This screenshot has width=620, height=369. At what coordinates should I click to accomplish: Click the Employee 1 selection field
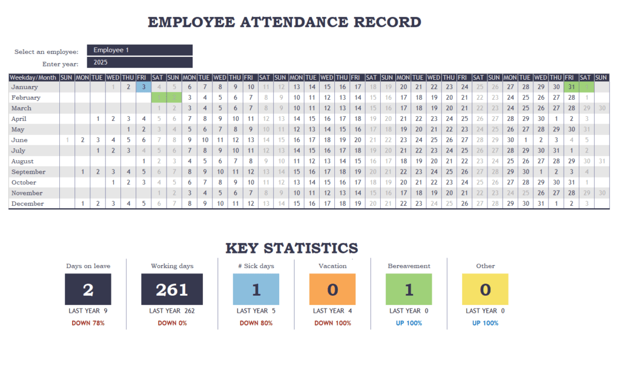pyautogui.click(x=139, y=50)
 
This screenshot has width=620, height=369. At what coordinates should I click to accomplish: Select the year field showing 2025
pyautogui.click(x=139, y=62)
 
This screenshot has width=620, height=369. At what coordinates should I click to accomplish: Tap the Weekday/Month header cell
pyautogui.click(x=33, y=77)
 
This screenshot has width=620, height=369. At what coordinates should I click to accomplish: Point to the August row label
pyautogui.click(x=23, y=162)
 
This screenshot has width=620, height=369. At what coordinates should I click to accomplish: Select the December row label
pyautogui.click(x=27, y=204)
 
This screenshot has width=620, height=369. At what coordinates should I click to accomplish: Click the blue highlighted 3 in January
pyautogui.click(x=143, y=87)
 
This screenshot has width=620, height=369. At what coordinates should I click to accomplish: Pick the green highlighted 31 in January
pyautogui.click(x=570, y=87)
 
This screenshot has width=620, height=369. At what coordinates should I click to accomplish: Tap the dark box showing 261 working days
pyautogui.click(x=172, y=289)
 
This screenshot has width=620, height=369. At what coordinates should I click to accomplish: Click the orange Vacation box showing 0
pyautogui.click(x=332, y=289)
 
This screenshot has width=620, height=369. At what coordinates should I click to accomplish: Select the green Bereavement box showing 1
pyautogui.click(x=409, y=289)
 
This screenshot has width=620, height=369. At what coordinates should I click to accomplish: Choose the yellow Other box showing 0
pyautogui.click(x=485, y=289)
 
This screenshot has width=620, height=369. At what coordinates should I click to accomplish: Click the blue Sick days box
pyautogui.click(x=256, y=289)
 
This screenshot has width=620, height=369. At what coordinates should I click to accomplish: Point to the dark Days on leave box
pyautogui.click(x=88, y=289)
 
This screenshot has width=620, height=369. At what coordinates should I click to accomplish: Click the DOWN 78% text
pyautogui.click(x=88, y=323)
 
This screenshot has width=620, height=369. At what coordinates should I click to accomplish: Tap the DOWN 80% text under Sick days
pyautogui.click(x=256, y=323)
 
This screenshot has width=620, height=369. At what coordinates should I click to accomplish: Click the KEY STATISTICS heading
pyautogui.click(x=291, y=248)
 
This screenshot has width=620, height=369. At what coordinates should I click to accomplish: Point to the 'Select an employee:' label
pyautogui.click(x=46, y=52)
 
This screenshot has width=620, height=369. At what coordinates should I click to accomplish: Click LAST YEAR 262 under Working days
pyautogui.click(x=172, y=311)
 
